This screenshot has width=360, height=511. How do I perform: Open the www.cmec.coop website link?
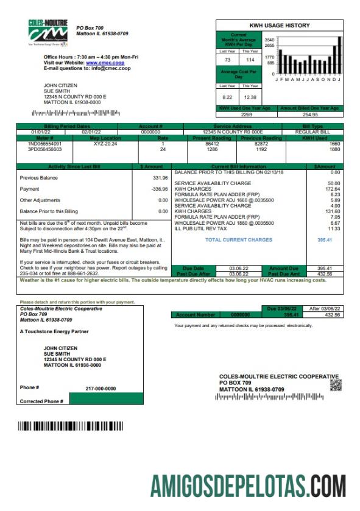click(x=105, y=62)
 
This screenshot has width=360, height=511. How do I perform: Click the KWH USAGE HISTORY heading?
click(x=280, y=26)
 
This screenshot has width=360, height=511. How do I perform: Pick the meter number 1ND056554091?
click(x=45, y=144)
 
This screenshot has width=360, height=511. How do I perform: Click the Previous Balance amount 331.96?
click(x=160, y=178)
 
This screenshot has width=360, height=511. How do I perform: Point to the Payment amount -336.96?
click(x=159, y=189)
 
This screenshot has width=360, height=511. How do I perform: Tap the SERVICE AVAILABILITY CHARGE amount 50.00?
click(x=333, y=183)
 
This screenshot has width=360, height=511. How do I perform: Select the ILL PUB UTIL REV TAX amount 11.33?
click(x=333, y=228)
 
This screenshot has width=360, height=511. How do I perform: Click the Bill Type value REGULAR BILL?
click(x=312, y=132)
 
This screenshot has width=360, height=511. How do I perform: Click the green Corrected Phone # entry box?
click(x=107, y=400)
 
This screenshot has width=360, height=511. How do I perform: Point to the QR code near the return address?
click(x=336, y=385)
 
